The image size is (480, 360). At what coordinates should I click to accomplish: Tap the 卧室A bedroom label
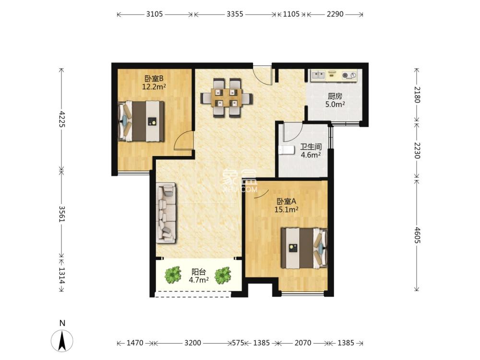coord(286,202)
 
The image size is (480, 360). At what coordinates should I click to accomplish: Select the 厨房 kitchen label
coord(335,96)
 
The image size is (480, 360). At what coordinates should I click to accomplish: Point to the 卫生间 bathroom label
coord(311,146)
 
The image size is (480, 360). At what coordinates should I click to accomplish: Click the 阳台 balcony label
coord(199,272)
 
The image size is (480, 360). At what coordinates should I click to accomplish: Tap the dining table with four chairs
coord(227,98)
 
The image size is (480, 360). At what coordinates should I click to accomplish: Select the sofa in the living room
coord(166,213)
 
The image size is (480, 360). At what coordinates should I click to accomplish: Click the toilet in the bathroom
coord(286,150)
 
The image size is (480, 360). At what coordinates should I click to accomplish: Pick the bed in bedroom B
coord(141,121)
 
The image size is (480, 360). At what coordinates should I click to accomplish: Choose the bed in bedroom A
coord(304,248)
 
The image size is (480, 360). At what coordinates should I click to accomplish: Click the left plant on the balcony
coord(173,275)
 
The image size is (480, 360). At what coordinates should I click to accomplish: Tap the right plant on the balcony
coord(223,275)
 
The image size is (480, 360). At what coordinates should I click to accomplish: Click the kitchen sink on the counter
coord(318,75)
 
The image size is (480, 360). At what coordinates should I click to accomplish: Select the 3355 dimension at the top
coord(235,14)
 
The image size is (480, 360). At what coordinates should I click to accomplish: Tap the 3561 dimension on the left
coord(62,214)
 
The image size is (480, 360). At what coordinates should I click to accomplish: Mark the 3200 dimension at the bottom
coord(192,343)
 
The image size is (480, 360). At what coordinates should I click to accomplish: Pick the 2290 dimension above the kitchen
coord(335,14)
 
